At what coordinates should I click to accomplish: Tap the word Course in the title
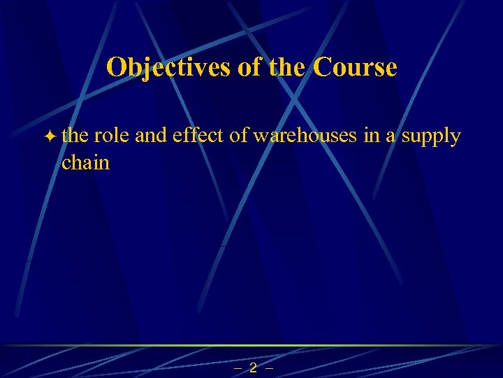tap(356, 67)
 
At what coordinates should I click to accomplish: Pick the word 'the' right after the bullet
tap(74, 135)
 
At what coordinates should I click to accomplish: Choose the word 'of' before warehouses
tap(239, 135)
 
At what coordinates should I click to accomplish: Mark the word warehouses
tap(305, 135)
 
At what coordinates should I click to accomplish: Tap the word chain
tap(86, 163)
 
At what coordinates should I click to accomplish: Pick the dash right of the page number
tap(270, 368)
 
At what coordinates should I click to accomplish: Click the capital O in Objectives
tap(116, 67)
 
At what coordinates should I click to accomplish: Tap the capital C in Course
tap(323, 67)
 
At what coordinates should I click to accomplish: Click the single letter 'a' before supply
tap(391, 136)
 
